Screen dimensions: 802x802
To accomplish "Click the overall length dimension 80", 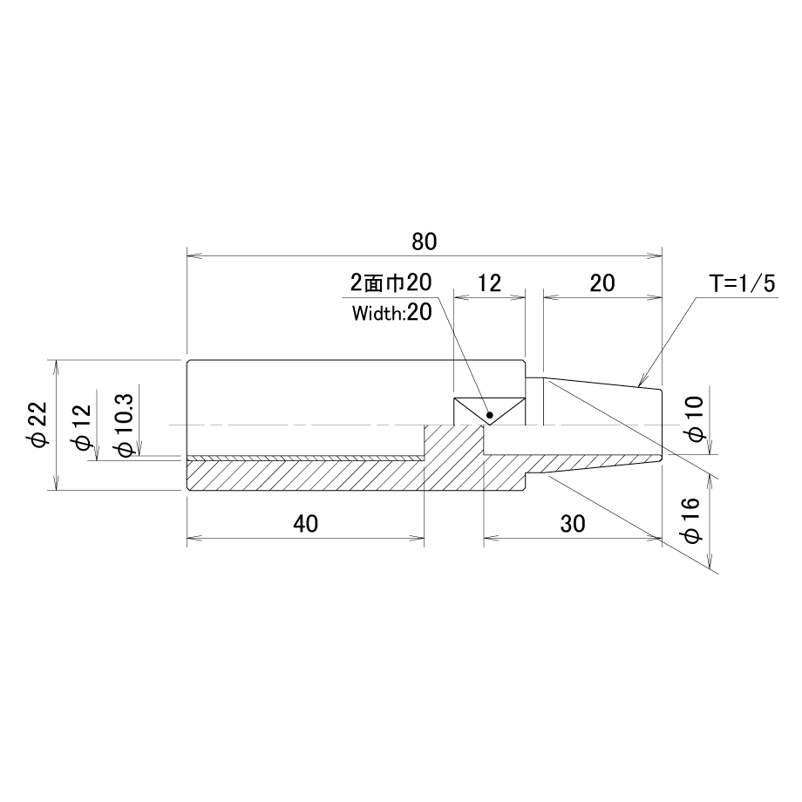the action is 424,241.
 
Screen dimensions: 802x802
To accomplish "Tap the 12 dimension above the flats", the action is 490,282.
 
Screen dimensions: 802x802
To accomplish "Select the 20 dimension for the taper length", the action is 602,282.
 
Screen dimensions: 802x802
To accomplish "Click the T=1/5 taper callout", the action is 742,283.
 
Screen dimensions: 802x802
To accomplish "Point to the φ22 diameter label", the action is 39,425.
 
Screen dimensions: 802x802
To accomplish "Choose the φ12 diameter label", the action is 82,427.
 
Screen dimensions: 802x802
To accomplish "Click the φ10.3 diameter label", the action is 125,425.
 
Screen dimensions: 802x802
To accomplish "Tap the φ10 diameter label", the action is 697,418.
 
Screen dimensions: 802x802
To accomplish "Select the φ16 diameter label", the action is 690,520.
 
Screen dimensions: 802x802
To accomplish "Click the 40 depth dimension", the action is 305,524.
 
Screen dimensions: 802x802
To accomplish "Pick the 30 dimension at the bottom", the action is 573,524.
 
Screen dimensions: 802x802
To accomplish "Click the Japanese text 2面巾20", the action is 391,282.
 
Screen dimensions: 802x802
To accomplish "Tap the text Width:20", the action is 391,312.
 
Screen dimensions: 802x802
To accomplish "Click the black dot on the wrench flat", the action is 490,415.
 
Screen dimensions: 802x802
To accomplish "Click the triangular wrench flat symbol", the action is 490,411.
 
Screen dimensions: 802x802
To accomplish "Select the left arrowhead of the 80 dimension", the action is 194,255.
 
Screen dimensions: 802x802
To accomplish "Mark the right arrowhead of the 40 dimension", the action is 417,538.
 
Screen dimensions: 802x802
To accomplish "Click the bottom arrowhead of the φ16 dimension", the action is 710,561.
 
